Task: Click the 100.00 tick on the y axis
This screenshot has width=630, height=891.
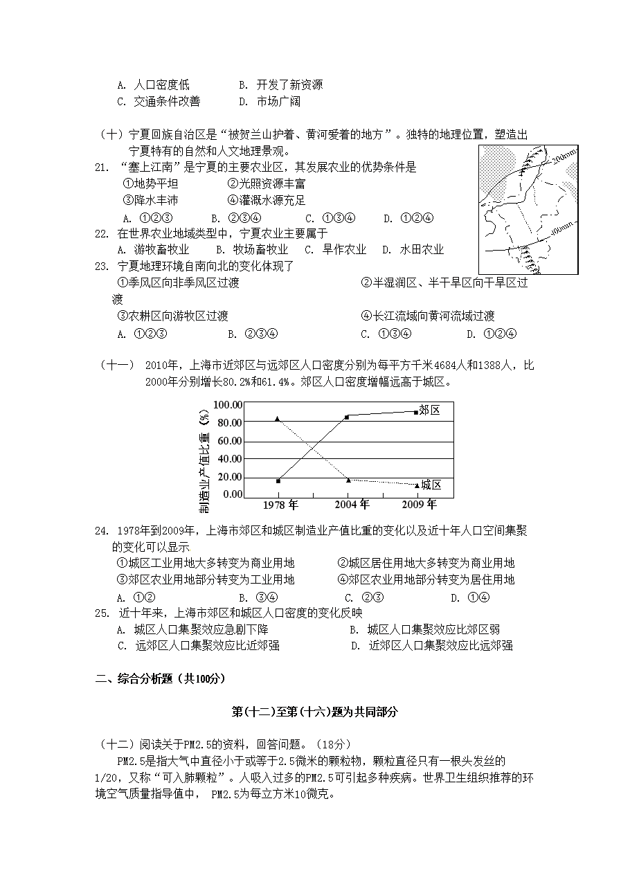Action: coord(228,404)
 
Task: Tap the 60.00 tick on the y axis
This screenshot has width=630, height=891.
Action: coord(229,440)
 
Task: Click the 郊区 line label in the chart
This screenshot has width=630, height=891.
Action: coord(430,410)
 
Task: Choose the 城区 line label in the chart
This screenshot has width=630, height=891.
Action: coord(431,485)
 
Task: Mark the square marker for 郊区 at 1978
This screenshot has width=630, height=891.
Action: coord(278,480)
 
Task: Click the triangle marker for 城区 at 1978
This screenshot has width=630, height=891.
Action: coord(278,419)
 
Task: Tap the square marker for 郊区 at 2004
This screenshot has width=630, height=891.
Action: coord(347,417)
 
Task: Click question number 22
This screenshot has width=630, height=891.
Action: coord(102,233)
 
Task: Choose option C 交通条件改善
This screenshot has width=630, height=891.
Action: coord(159,102)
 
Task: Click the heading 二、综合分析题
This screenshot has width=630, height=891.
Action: coord(160,679)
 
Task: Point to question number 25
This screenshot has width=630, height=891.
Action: coord(102,613)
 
